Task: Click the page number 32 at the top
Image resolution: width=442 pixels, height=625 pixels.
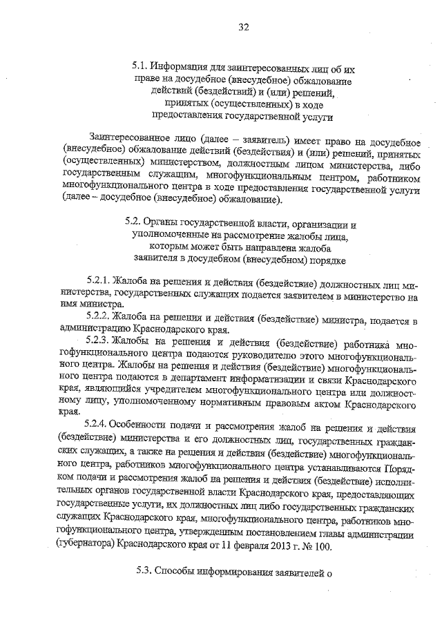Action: pyautogui.click(x=243, y=28)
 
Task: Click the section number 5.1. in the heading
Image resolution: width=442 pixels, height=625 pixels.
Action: pyautogui.click(x=141, y=68)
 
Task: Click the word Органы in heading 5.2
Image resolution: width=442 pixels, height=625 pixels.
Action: pyautogui.click(x=162, y=224)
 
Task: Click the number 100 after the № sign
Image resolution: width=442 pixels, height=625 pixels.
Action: pyautogui.click(x=322, y=545)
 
